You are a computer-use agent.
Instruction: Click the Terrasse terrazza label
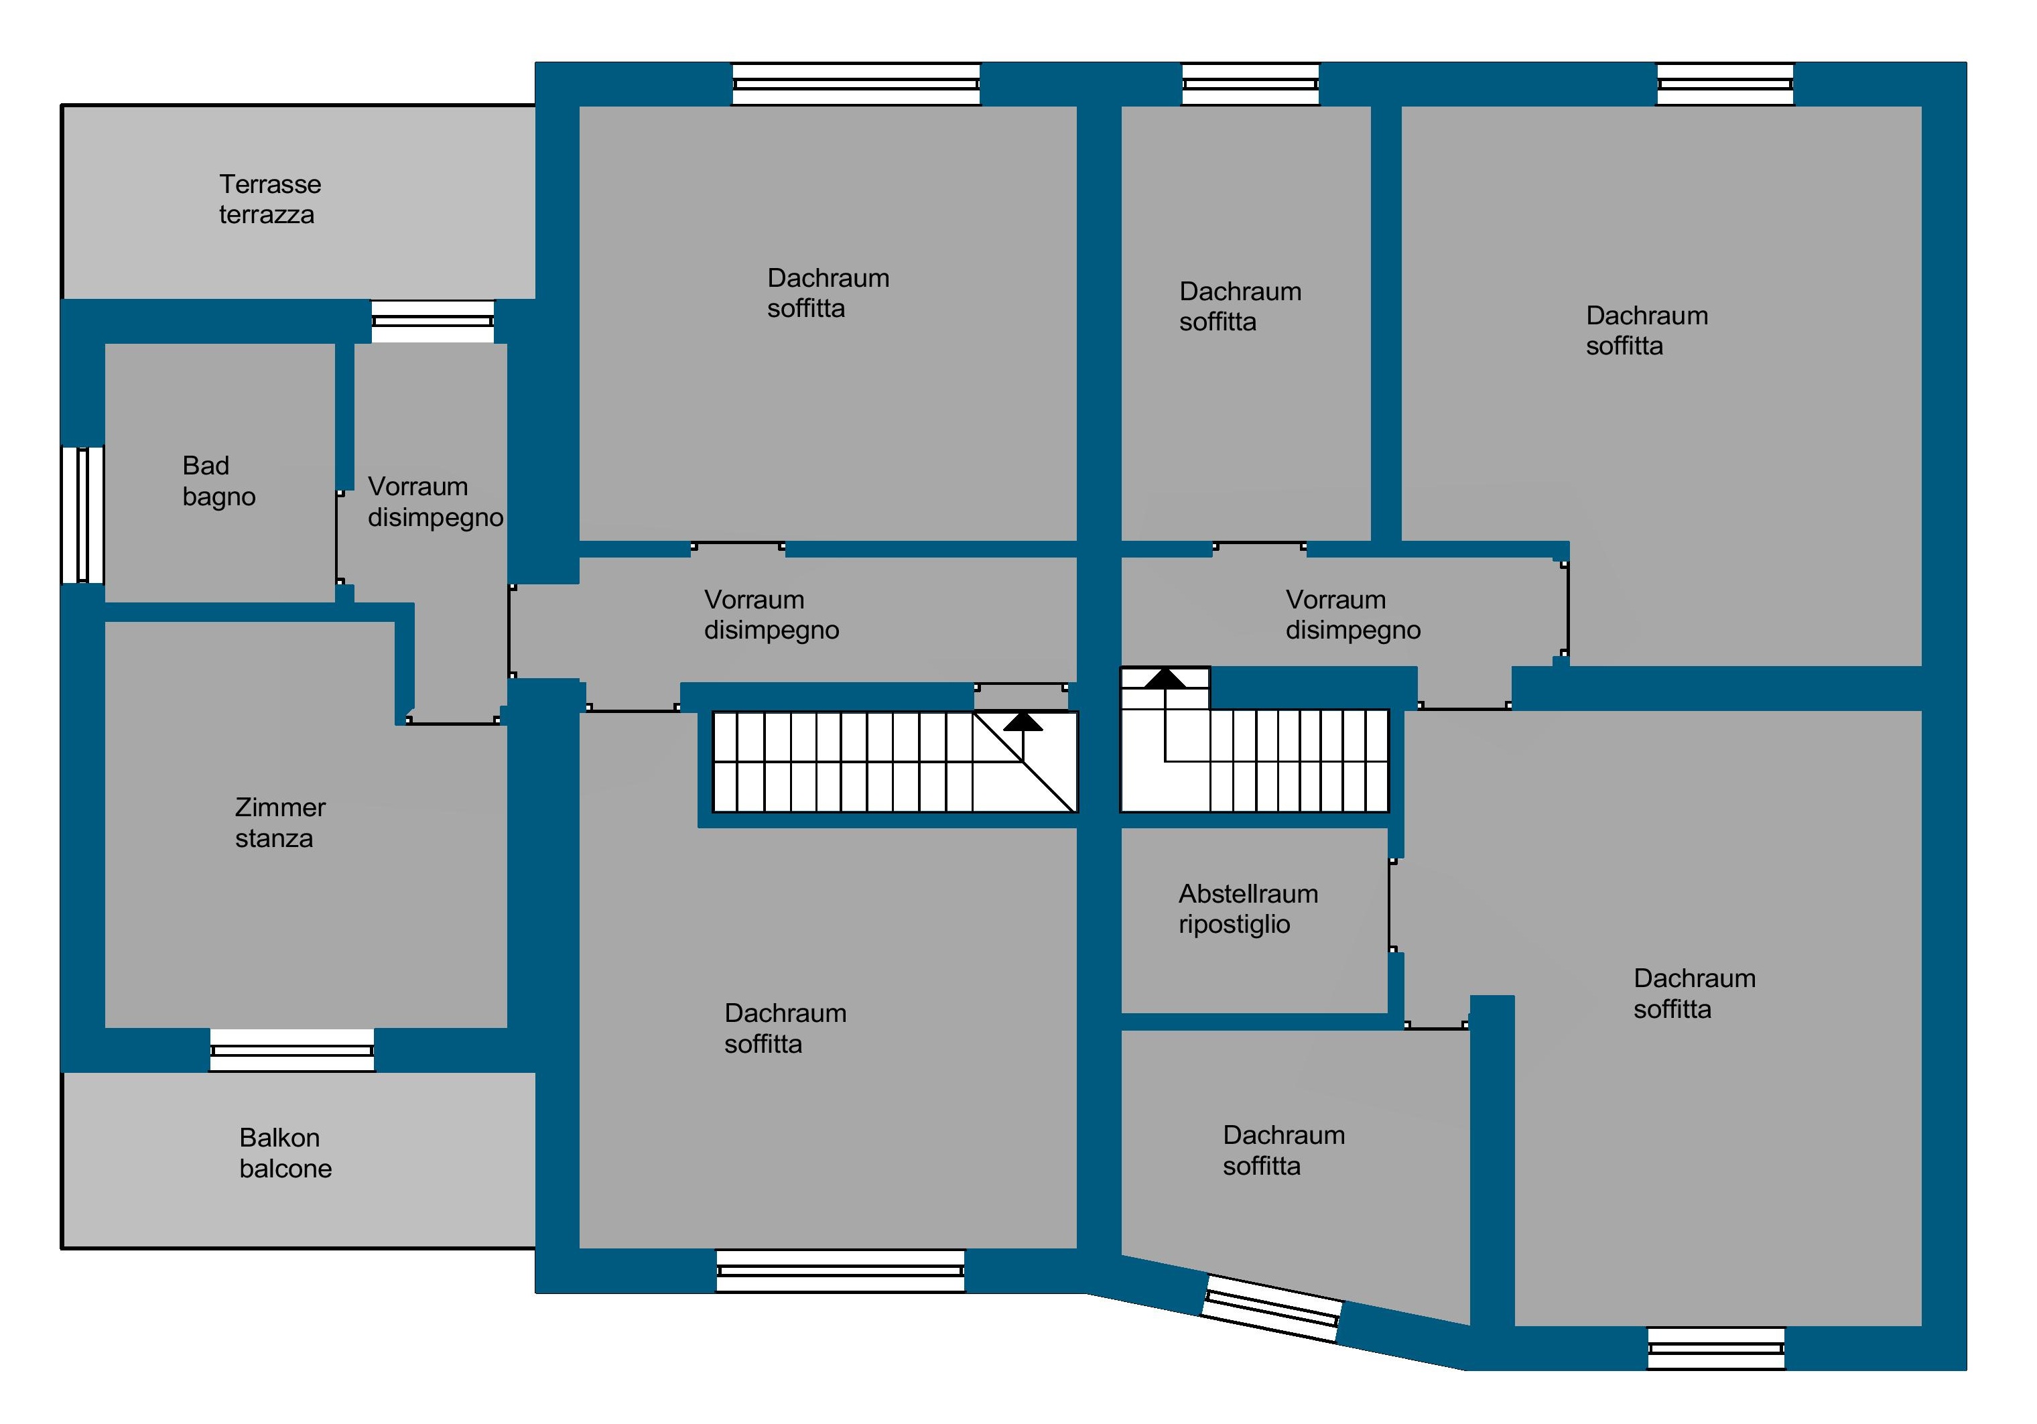point(270,200)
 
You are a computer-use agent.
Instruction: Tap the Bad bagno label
point(218,481)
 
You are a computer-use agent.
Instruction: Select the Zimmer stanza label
point(279,822)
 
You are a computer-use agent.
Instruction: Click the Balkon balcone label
point(285,1153)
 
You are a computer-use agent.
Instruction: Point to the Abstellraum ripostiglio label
point(1248,909)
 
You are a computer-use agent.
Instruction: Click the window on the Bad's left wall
point(82,515)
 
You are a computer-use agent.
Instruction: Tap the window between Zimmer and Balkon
point(292,1051)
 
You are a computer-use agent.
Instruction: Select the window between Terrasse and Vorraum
point(432,321)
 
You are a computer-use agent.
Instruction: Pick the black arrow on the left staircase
point(1023,720)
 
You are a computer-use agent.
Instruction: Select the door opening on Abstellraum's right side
point(1391,905)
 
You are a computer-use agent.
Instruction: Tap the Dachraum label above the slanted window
point(1283,1150)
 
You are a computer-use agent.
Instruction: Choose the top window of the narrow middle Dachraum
point(1250,84)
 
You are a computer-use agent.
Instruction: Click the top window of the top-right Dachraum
point(1725,84)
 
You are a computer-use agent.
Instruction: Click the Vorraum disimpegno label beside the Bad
point(435,501)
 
